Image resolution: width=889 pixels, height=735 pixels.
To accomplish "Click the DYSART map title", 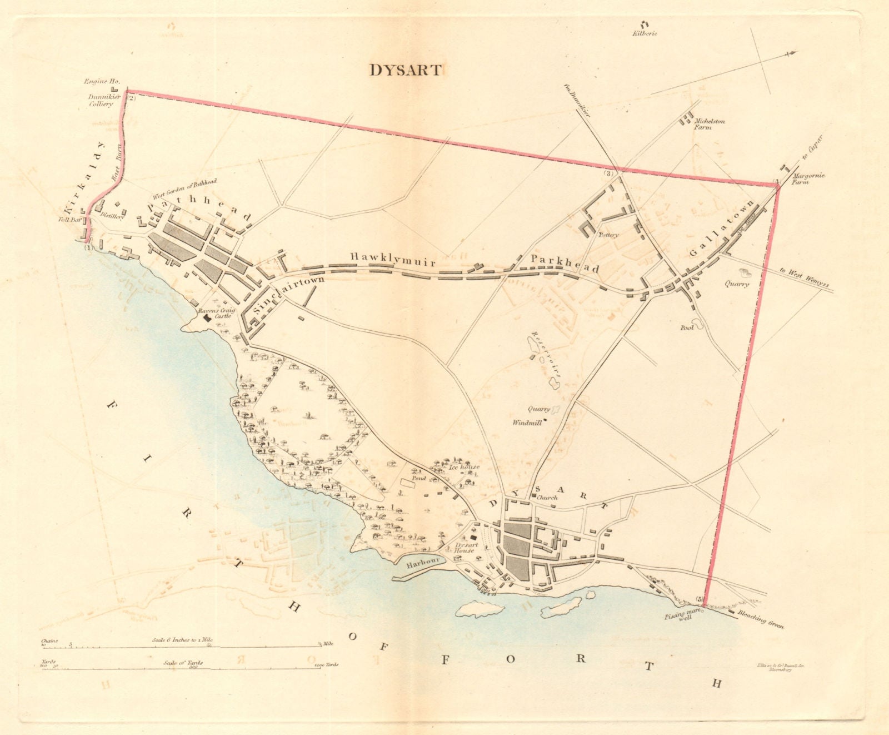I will pos(406,71).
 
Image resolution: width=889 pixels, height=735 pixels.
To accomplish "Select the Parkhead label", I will pos(565,264).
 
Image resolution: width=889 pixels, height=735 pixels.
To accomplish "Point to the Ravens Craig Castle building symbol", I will pos(207,318).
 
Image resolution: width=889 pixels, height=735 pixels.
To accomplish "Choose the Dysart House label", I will pos(465,548).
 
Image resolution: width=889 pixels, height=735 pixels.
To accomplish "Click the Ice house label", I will pos(464,468).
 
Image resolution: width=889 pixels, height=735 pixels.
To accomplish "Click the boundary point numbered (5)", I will pos(699,600).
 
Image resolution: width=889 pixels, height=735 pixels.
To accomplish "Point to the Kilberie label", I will pos(645,33).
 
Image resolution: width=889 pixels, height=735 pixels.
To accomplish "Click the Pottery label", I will pos(608,235).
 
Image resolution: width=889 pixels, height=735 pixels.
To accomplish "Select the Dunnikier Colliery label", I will pos(100,101).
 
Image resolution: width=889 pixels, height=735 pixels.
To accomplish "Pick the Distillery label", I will pos(112,218).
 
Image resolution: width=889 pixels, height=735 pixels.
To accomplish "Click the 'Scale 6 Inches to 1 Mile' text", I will pos(182,640).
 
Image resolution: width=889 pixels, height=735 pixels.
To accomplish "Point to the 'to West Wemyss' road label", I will pos(803,279).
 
